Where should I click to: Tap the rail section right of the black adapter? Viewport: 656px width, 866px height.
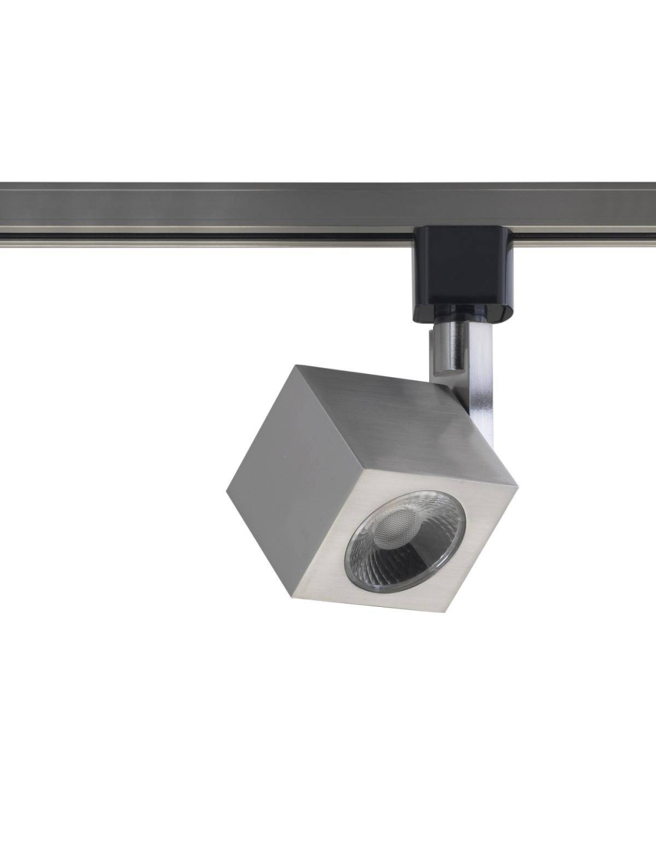pyautogui.click(x=590, y=210)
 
